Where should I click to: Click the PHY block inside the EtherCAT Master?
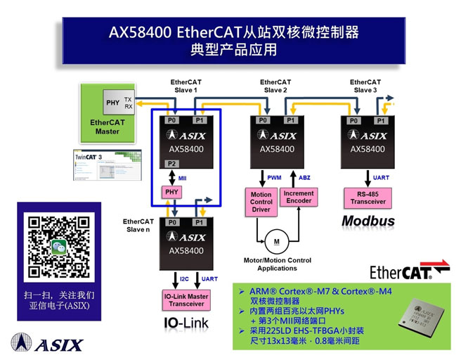tap(112, 103)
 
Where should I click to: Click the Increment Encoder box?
tap(299, 197)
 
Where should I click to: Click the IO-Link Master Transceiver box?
tap(186, 300)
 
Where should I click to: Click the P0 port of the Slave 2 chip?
tap(263, 120)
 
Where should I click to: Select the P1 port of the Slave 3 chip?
tap(382, 120)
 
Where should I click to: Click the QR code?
tap(59, 247)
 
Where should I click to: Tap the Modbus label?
tap(368, 221)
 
